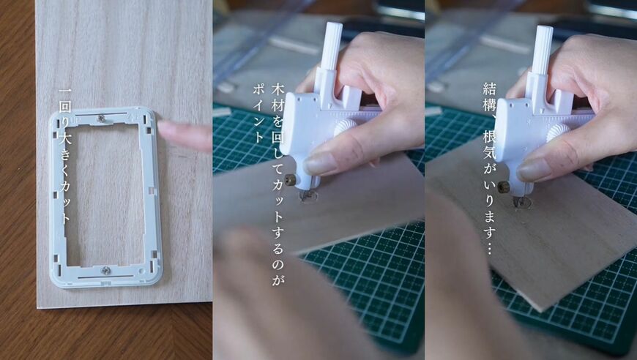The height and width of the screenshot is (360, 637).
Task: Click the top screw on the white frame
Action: tap(102, 117)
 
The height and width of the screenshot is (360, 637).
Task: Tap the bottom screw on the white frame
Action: tap(107, 270)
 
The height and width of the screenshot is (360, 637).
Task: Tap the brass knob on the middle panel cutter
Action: tap(290, 179)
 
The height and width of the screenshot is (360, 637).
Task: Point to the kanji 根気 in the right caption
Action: tap(488, 146)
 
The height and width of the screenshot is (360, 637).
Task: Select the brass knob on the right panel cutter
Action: tap(503, 187)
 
